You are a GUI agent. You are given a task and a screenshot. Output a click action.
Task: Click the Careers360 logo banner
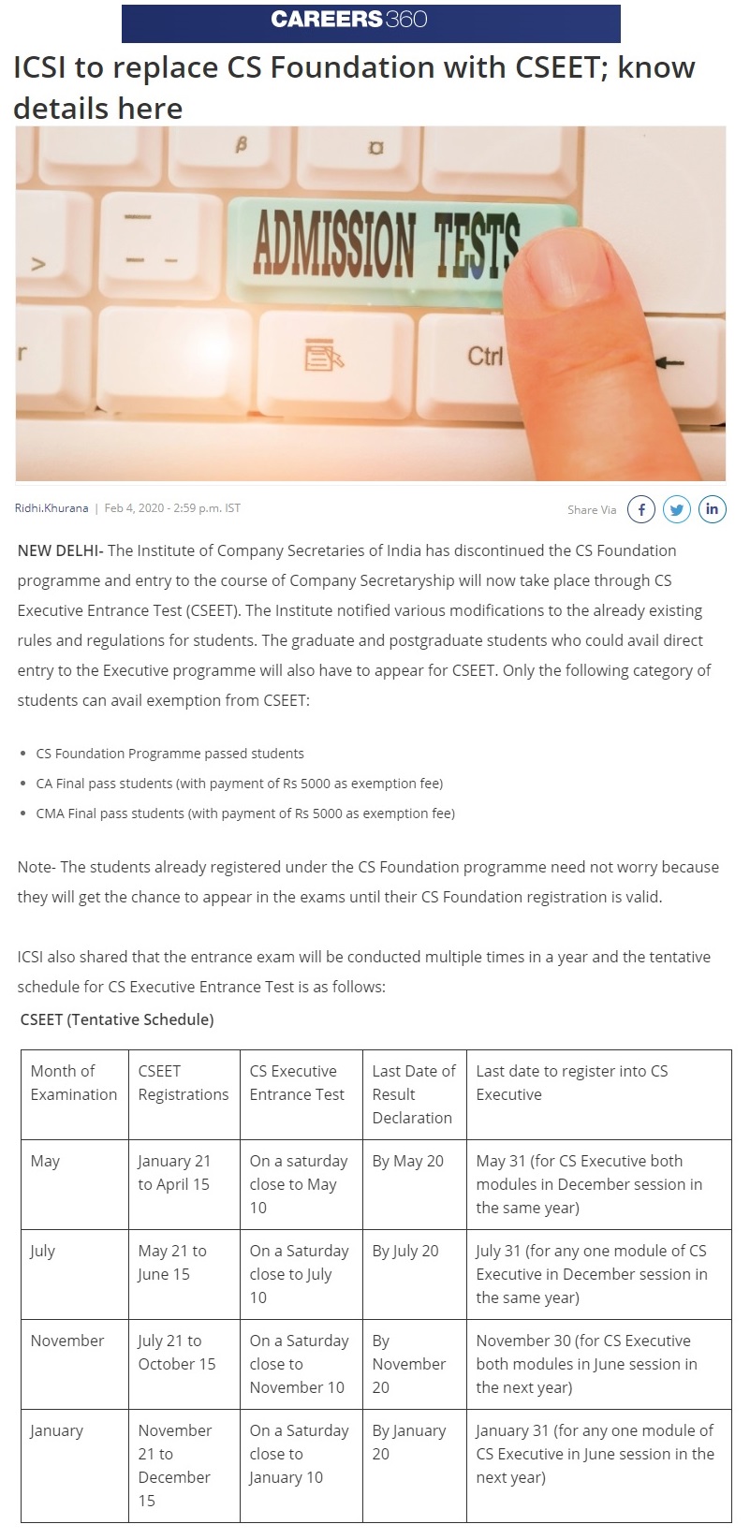(371, 22)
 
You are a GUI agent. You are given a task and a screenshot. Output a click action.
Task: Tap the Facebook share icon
(640, 509)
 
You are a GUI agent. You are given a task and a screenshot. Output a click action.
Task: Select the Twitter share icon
(676, 509)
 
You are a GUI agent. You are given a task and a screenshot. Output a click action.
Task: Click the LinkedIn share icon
(712, 509)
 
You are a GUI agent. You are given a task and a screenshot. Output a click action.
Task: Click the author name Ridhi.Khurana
(51, 508)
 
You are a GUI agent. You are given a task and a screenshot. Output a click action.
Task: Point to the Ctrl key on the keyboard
(485, 356)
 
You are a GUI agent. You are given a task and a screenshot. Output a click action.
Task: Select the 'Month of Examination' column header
(74, 1083)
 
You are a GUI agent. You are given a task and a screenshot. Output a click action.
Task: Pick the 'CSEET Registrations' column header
(183, 1083)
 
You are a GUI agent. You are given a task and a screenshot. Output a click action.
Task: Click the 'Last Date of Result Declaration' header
(413, 1094)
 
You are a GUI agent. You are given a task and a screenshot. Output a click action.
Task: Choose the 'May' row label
(45, 1162)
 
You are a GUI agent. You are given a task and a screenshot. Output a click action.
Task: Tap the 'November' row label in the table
(67, 1341)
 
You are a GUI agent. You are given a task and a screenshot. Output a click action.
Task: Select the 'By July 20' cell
(404, 1252)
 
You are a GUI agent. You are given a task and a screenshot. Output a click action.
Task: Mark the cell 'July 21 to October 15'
(177, 1353)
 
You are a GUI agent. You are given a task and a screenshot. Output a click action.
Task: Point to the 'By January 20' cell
(409, 1443)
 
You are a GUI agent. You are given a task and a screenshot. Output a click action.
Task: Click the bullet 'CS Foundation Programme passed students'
(169, 754)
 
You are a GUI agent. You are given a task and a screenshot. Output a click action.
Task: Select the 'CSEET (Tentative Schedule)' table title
(117, 1019)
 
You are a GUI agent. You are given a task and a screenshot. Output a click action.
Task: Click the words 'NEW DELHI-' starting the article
(60, 550)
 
